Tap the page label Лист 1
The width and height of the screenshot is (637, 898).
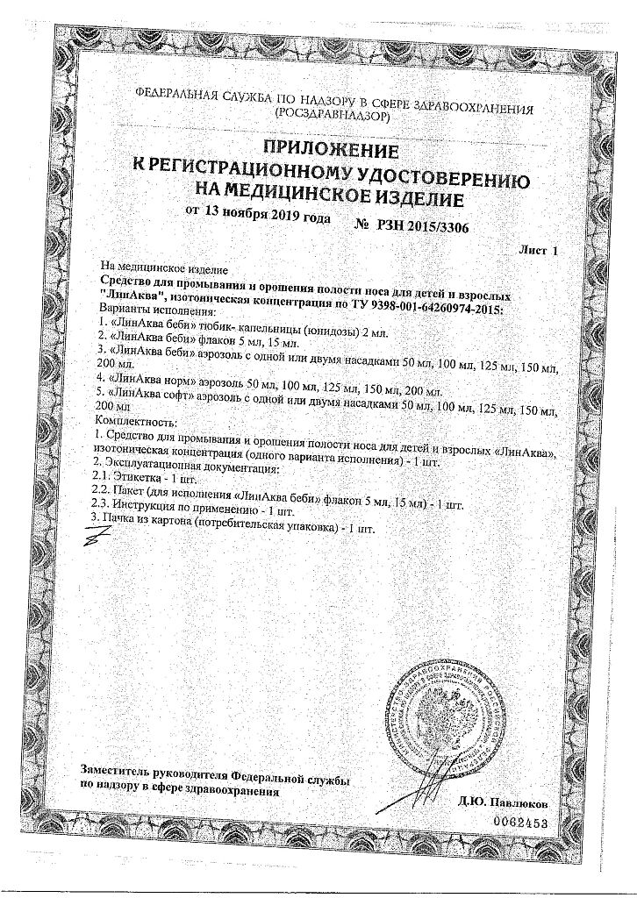(x=539, y=251)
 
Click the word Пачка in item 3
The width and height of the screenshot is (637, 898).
(x=119, y=524)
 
